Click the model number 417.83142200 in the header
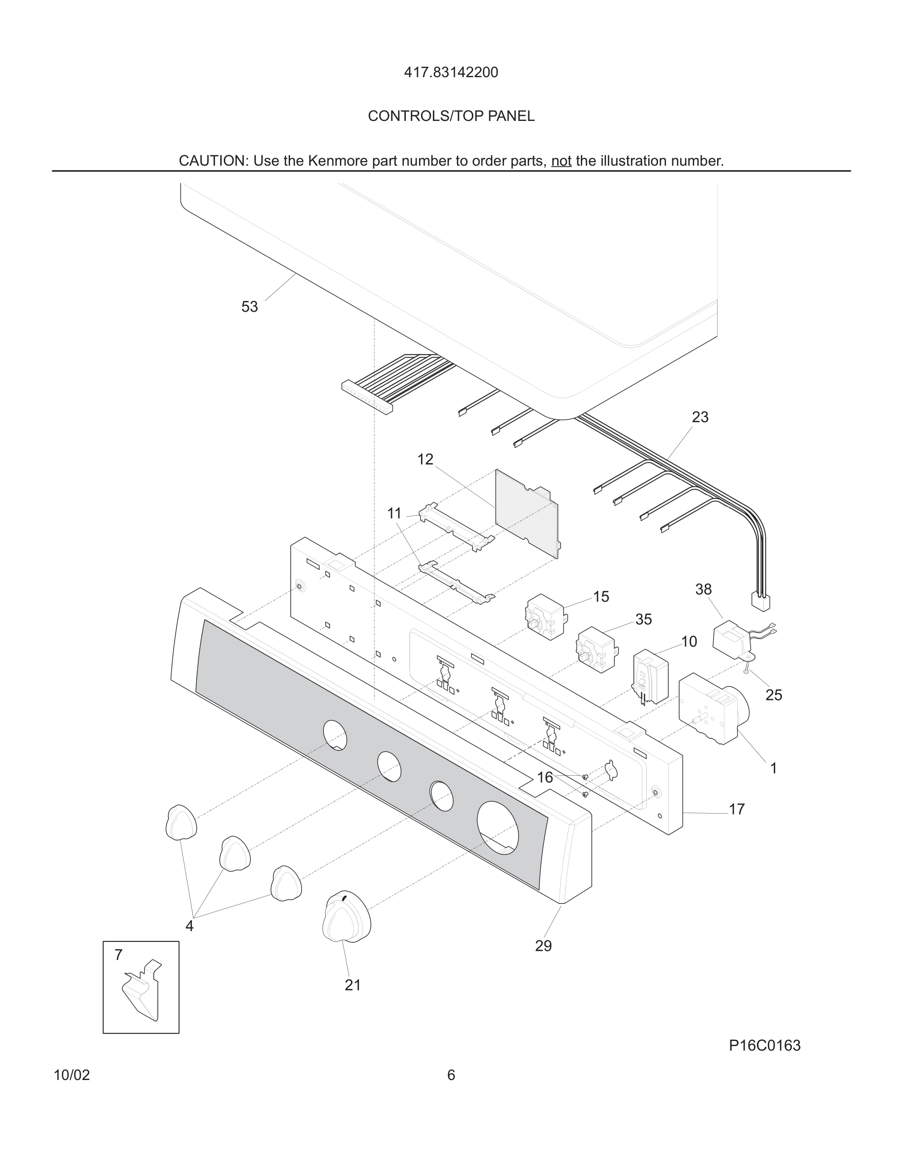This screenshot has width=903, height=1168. tap(451, 72)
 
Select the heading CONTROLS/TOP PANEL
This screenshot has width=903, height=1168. tap(451, 116)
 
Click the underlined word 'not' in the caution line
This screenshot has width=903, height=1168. tap(561, 161)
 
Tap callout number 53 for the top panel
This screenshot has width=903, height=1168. tap(249, 307)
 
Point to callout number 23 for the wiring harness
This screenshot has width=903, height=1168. tap(700, 417)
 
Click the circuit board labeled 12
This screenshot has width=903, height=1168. tap(526, 513)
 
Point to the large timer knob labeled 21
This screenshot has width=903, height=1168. tap(347, 917)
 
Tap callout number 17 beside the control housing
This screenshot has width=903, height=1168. tap(737, 809)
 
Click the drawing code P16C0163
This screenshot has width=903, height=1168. tap(764, 1046)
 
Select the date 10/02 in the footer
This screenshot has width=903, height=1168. tap(72, 1076)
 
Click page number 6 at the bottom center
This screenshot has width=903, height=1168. tap(451, 1076)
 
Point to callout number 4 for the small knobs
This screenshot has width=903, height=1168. tap(189, 926)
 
